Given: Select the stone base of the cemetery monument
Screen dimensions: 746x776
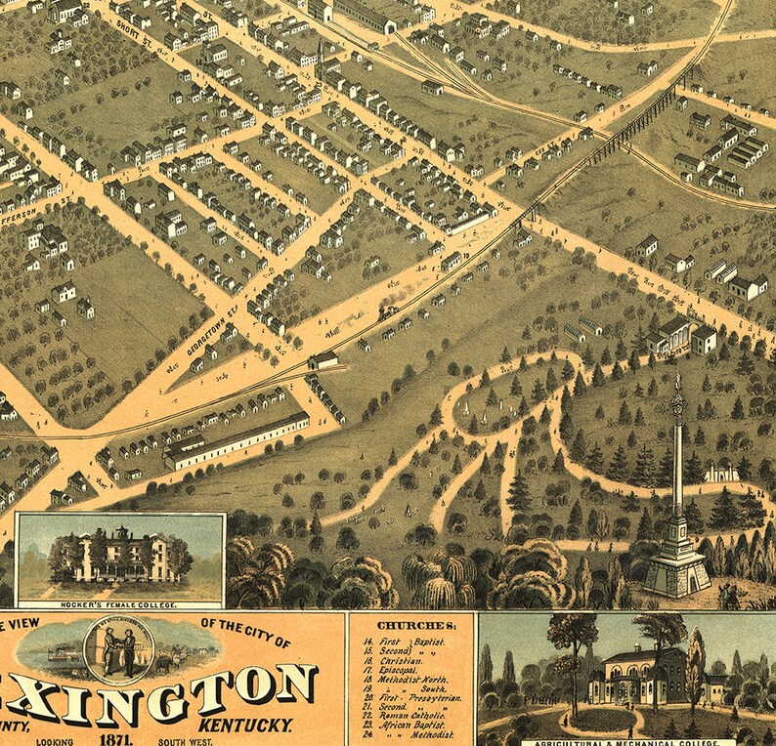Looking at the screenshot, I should tap(676, 567).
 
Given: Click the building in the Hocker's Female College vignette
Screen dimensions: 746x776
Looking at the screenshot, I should tap(120, 556).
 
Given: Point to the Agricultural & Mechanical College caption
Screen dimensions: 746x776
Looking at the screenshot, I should tap(625, 740).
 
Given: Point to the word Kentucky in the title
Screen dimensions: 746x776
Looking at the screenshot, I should tap(247, 725).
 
